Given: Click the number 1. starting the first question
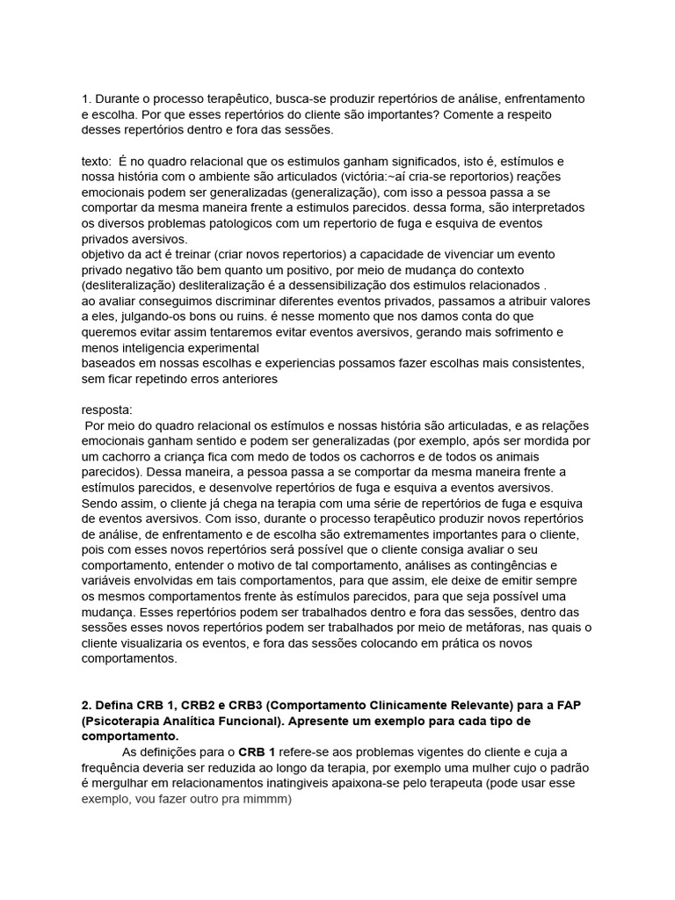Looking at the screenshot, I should pyautogui.click(x=86, y=98).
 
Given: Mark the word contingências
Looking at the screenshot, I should pyautogui.click(x=506, y=564).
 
